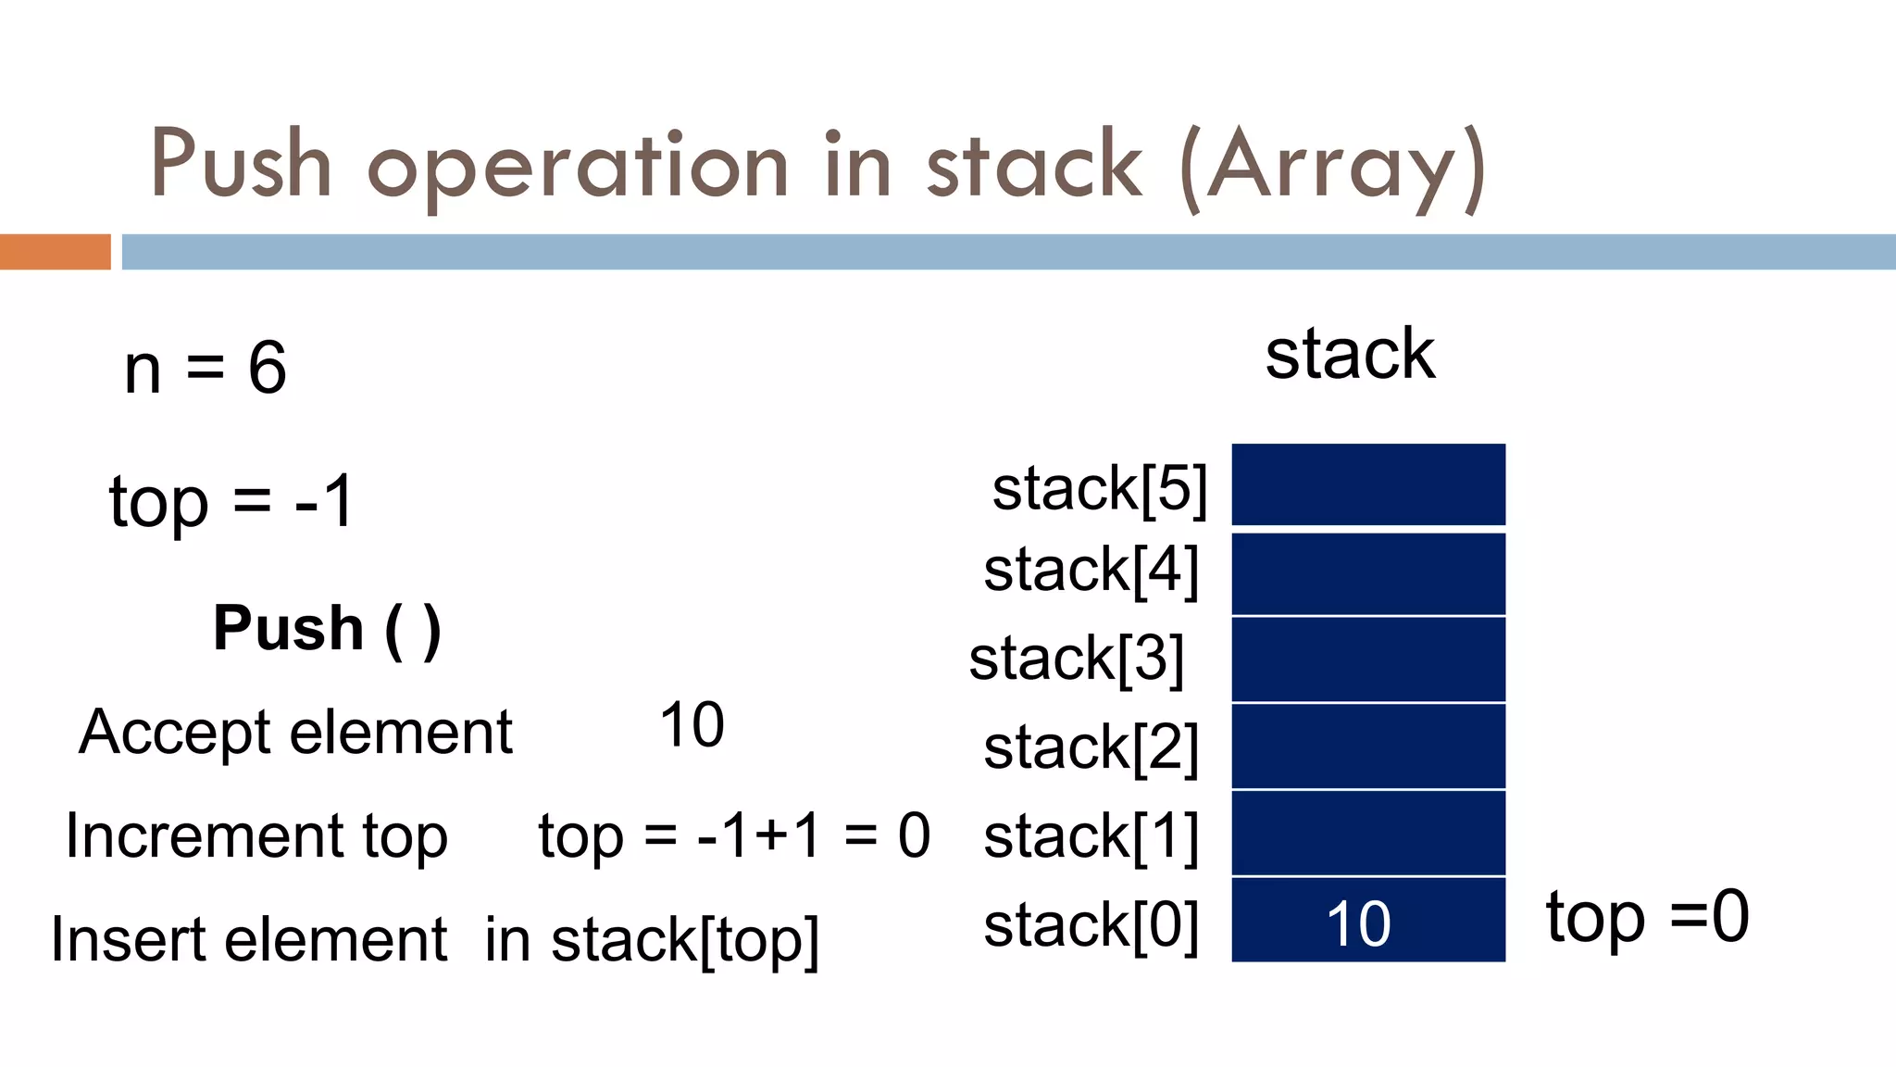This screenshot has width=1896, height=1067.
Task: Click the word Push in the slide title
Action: coord(241,165)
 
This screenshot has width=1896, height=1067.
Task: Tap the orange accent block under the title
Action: coord(55,252)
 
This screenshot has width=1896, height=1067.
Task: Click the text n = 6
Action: coord(206,368)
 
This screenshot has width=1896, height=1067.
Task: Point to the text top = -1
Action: coord(231,502)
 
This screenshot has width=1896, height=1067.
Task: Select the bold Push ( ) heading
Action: coord(327,629)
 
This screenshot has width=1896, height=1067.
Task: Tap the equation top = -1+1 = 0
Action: coord(734,835)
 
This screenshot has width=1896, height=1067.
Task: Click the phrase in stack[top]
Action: coord(652,940)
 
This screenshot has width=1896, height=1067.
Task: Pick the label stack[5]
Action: coord(1100,488)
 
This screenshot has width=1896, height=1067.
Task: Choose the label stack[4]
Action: coord(1091,570)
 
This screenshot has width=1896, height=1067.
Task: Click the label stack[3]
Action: coord(1076,659)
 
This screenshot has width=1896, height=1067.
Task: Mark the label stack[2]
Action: coord(1091,747)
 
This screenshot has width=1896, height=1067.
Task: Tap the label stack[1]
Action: coord(1091,836)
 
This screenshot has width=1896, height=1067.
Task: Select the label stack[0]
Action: coord(1091,924)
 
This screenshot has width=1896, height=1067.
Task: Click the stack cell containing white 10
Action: coord(1367,920)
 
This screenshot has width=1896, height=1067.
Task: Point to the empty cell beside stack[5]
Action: coord(1367,484)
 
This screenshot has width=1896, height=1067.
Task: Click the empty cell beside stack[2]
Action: coord(1367,747)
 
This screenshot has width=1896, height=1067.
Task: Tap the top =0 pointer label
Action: coord(1647,917)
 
